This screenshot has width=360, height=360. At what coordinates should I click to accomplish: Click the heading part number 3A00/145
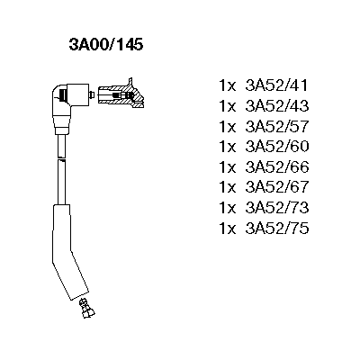coord(106,45)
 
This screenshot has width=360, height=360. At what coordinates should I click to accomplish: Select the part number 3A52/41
coord(277,85)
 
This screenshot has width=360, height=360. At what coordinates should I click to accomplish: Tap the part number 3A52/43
coord(277,106)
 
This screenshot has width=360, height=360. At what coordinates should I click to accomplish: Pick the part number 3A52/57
coord(277,126)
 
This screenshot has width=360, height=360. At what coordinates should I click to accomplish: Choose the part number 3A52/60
coord(277,147)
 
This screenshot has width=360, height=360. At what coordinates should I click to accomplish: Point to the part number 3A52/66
coord(277,167)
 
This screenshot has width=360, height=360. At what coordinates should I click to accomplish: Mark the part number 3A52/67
coord(277,187)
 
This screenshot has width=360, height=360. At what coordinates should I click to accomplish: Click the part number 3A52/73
coord(277,208)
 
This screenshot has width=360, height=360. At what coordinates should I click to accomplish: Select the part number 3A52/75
coord(277,229)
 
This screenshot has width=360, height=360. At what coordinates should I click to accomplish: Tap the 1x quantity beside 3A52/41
coord(228,85)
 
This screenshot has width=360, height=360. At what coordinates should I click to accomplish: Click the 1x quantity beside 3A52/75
coord(228,229)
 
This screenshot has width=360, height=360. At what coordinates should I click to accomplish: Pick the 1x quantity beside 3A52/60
coord(228,147)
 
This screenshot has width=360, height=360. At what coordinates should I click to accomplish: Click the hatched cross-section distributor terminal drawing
coord(121,94)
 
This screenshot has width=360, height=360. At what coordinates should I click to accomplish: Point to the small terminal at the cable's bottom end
coord(86,308)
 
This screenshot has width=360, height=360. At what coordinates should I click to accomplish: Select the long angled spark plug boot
coord(69,251)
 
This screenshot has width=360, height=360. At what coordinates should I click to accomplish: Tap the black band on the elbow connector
coord(63,95)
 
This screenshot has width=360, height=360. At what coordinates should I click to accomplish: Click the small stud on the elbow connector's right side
coord(92,94)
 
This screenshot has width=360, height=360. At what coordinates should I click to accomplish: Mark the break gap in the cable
coord(61,158)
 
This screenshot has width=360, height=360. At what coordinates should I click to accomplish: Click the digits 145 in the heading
coord(130,45)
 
